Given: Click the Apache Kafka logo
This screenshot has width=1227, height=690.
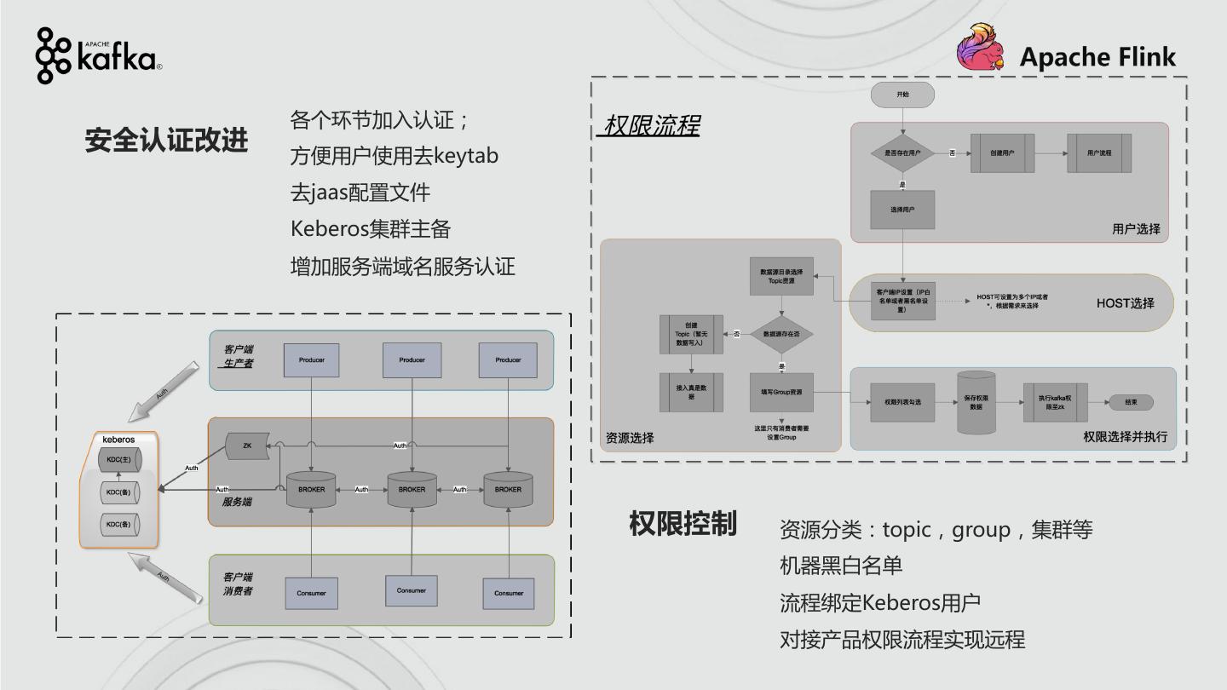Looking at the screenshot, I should click(98, 55).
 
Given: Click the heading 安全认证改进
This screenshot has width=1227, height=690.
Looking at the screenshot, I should click(166, 140).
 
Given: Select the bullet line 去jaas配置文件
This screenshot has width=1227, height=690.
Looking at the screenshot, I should click(360, 193).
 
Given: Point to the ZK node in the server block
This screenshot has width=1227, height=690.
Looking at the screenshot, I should click(247, 446).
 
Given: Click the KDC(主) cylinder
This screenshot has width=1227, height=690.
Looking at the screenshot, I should click(119, 460).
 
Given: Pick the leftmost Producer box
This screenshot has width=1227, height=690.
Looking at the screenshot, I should click(312, 360).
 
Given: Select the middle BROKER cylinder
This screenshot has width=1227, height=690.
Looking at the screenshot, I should click(412, 490).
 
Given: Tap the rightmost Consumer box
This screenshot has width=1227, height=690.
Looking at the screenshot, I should click(509, 593).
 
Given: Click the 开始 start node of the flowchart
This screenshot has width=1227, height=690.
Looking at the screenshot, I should click(902, 95).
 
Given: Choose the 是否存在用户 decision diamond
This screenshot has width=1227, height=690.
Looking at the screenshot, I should click(902, 152).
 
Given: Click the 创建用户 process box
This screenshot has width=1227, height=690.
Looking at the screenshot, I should click(1002, 152).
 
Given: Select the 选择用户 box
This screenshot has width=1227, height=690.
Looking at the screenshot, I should click(902, 210).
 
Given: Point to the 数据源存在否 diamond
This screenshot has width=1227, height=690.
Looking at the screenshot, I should click(781, 334).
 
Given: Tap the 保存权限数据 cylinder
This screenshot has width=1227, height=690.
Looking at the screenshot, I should click(976, 402).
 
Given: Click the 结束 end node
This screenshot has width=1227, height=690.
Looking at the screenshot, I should click(1131, 402).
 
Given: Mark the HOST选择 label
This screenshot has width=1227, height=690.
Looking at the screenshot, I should click(1125, 302).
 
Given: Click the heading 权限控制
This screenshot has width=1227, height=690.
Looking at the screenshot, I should click(683, 524).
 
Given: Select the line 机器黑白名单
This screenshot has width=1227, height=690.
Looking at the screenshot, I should click(841, 566).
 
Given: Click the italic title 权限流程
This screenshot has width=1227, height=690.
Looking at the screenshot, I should click(649, 126).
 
